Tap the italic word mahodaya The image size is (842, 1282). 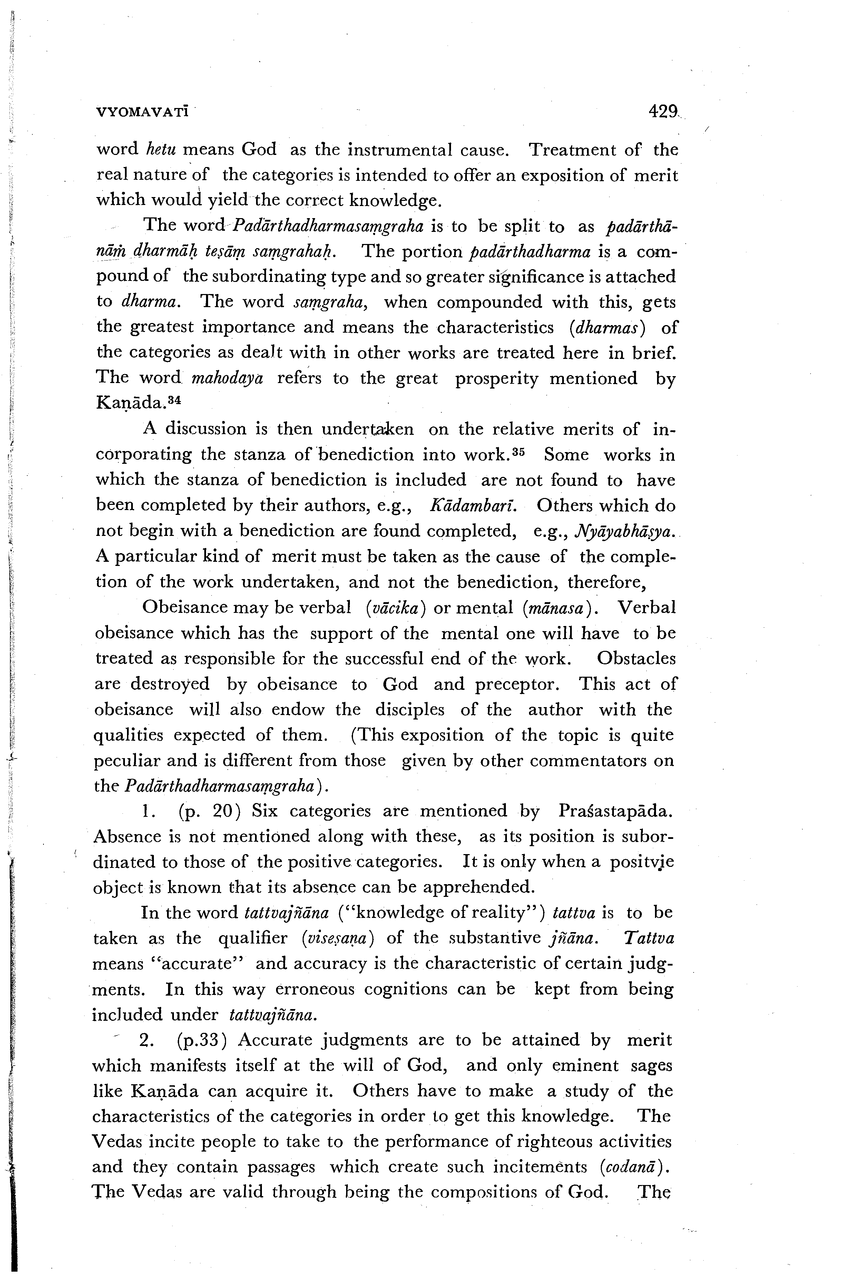227,378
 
